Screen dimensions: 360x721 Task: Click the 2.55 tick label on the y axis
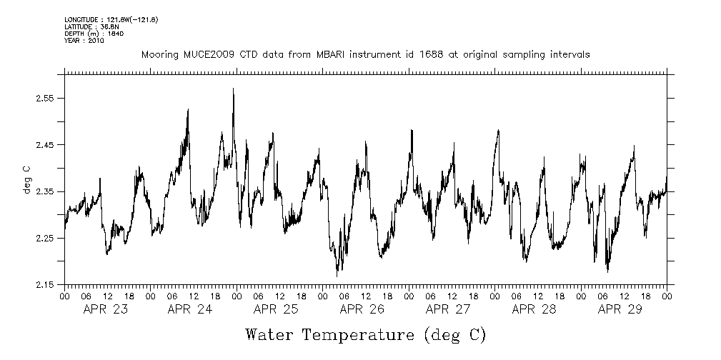click(x=45, y=99)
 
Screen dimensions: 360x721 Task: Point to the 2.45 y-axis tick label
click(x=45, y=145)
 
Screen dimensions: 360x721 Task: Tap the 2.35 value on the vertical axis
click(x=45, y=191)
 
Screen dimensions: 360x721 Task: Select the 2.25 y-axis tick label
click(x=45, y=239)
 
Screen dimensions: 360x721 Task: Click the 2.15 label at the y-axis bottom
click(x=45, y=285)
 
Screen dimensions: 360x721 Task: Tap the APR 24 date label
click(x=189, y=309)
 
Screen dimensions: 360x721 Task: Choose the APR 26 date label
click(x=362, y=309)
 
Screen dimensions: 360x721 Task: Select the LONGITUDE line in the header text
click(x=111, y=19)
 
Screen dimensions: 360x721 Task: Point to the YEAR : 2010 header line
click(x=84, y=41)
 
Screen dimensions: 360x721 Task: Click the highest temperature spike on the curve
click(x=233, y=89)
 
